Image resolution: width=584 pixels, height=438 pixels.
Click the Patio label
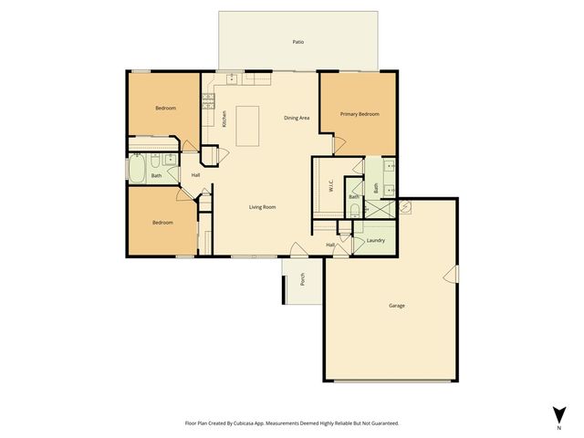pos(297,42)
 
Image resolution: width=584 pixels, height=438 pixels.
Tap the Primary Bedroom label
pos(360,114)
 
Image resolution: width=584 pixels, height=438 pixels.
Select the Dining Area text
pos(297,118)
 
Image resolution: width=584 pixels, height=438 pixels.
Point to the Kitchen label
pos(224,119)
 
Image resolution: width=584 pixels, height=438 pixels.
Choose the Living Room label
pos(263,207)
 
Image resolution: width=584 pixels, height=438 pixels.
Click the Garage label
pos(396,305)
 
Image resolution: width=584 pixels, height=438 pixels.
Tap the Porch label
pos(302,280)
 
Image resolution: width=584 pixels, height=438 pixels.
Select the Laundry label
pos(375,241)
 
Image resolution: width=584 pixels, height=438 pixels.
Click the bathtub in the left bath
pos(138,170)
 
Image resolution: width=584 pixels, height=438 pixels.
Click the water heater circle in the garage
pos(406,205)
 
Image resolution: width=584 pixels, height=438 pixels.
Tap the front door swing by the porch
pos(296,249)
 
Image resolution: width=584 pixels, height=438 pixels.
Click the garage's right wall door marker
pos(449,276)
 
